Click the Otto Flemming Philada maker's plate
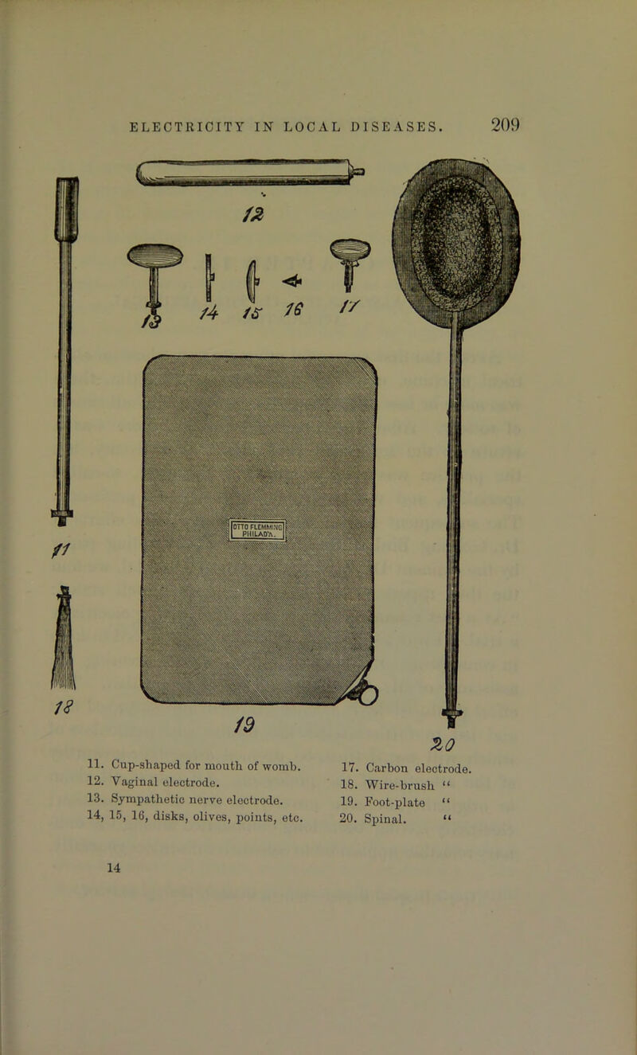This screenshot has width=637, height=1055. pyautogui.click(x=258, y=530)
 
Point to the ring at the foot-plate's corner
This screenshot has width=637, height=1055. pyautogui.click(x=369, y=694)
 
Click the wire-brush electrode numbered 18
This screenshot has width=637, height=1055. pyautogui.click(x=64, y=638)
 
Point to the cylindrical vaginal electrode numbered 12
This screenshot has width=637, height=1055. pyautogui.click(x=250, y=173)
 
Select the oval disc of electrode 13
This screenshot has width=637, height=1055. pyautogui.click(x=155, y=256)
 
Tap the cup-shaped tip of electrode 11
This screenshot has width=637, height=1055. pyautogui.click(x=66, y=209)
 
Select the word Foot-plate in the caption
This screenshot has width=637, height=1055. pyautogui.click(x=395, y=802)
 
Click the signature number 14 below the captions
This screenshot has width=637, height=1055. pyautogui.click(x=114, y=868)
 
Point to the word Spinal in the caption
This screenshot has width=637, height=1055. pyautogui.click(x=385, y=819)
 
